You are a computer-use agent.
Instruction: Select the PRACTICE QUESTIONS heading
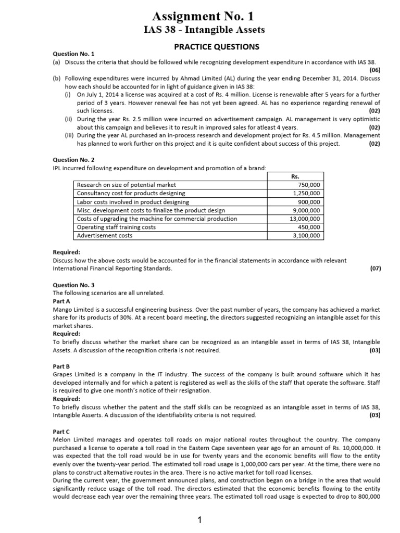coord(216,47)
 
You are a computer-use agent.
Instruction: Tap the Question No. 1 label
coord(74,54)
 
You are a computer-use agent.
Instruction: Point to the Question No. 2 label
coord(74,160)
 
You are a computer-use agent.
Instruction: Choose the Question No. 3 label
coord(74,285)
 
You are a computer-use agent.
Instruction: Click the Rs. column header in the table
coord(296,176)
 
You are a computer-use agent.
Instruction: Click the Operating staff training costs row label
coord(116,227)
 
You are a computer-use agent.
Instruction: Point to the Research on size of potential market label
coord(126,185)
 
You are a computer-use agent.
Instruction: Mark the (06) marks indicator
coord(374,69)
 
